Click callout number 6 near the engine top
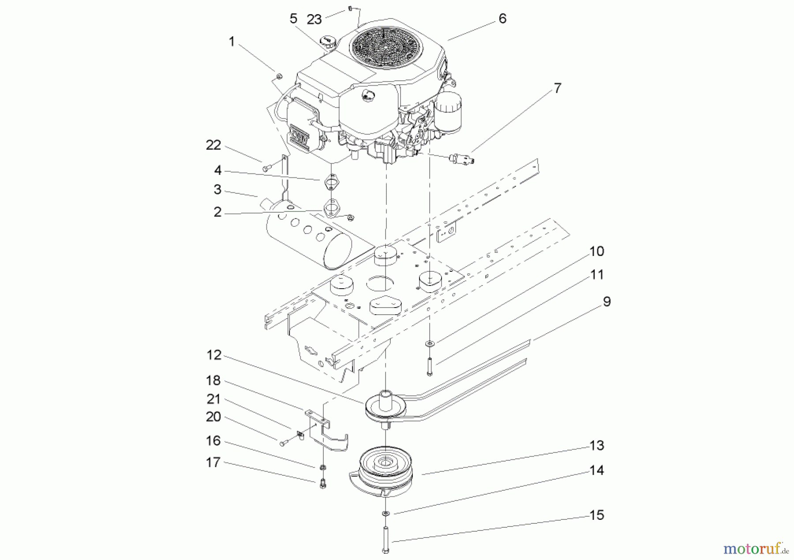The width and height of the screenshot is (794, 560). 502,19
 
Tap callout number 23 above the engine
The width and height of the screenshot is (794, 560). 314,19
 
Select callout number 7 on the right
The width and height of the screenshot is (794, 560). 558,88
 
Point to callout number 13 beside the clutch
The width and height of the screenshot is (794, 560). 596,446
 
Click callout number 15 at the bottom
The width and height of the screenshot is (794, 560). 596,515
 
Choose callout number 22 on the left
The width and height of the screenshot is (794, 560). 213,145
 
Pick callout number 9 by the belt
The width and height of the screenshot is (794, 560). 607,302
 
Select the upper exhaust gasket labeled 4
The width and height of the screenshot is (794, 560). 330,181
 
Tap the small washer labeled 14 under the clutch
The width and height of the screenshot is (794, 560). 386,513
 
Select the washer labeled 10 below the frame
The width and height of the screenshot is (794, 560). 429,343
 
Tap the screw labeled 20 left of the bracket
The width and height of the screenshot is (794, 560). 283,442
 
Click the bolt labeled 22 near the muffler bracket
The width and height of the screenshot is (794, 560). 266,168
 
